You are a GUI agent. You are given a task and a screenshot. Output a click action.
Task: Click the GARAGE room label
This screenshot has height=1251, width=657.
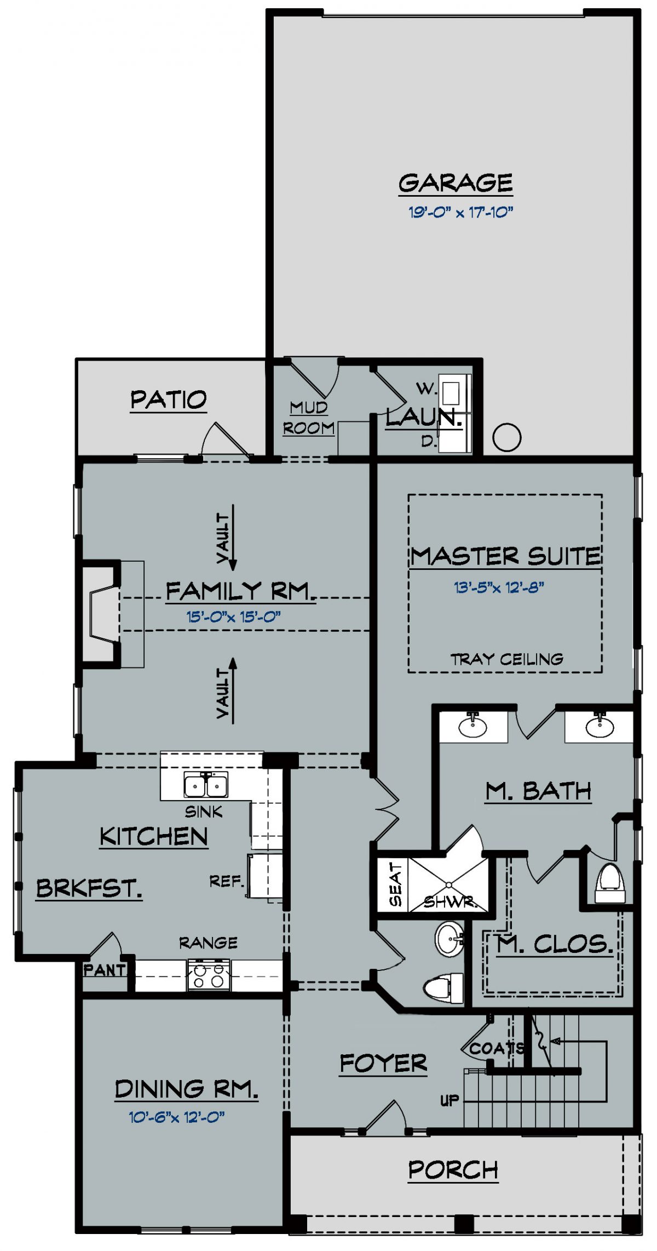(x=455, y=183)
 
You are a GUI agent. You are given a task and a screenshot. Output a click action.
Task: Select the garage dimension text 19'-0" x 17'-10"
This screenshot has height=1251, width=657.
(x=460, y=213)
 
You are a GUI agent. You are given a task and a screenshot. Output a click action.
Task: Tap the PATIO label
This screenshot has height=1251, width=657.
(x=168, y=400)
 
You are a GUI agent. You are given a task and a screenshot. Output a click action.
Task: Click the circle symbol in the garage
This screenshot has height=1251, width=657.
(x=506, y=437)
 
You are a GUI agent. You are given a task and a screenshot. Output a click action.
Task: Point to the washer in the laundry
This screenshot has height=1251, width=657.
(x=451, y=393)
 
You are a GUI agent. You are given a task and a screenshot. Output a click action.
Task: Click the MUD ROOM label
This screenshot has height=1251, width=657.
(x=309, y=418)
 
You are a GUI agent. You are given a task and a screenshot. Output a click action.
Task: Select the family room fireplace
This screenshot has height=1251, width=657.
(x=102, y=614)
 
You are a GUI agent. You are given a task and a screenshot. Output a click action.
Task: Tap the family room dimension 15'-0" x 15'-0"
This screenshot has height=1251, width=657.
(x=233, y=617)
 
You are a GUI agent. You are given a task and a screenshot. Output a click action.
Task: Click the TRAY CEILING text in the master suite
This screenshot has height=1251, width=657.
(x=506, y=659)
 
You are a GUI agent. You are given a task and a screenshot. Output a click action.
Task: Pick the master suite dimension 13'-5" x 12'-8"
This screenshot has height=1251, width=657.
(x=498, y=587)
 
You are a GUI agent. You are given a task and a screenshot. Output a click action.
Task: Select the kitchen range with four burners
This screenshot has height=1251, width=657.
(x=209, y=975)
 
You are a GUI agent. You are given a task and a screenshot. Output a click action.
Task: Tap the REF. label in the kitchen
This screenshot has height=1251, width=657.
(x=226, y=882)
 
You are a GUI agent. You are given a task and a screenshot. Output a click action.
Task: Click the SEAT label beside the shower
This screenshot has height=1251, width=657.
(x=395, y=884)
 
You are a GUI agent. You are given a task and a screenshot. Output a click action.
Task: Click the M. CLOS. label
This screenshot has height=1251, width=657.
(x=555, y=944)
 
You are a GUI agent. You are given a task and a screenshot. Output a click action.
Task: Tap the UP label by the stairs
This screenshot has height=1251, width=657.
(x=449, y=1100)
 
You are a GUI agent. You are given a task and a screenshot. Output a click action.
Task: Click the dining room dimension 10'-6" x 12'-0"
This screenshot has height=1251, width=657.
(x=177, y=1117)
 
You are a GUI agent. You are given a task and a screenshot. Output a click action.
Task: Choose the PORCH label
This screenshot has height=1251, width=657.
(x=453, y=1170)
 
